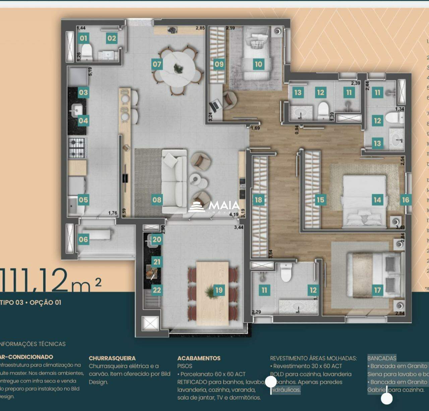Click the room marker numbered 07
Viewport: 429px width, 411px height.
pyautogui.click(x=157, y=64)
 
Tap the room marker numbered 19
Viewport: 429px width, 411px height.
pyautogui.click(x=219, y=290)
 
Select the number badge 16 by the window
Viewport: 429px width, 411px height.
pyautogui.click(x=406, y=200)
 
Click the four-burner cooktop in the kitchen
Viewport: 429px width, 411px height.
pyautogui.click(x=77, y=148)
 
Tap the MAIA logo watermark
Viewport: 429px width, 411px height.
pyautogui.click(x=214, y=207)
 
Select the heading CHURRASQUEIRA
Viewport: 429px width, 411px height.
pyautogui.click(x=112, y=358)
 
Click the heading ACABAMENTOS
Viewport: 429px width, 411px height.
pyautogui.click(x=199, y=358)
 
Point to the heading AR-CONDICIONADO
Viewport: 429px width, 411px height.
pyautogui.click(x=26, y=357)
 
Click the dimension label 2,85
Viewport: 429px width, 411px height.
pyautogui.click(x=200, y=28)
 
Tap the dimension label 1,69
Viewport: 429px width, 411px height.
pyautogui.click(x=255, y=128)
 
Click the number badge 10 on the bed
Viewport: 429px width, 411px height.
pyautogui.click(x=258, y=64)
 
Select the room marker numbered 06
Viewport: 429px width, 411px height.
pyautogui.click(x=83, y=240)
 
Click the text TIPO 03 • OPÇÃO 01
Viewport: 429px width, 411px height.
pyautogui.click(x=31, y=303)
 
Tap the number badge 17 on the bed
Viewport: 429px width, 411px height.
pyautogui.click(x=377, y=290)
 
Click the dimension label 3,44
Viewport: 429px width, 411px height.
pyautogui.click(x=239, y=228)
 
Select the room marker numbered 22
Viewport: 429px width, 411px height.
pyautogui.click(x=157, y=290)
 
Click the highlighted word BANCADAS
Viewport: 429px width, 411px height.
pyautogui.click(x=382, y=358)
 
